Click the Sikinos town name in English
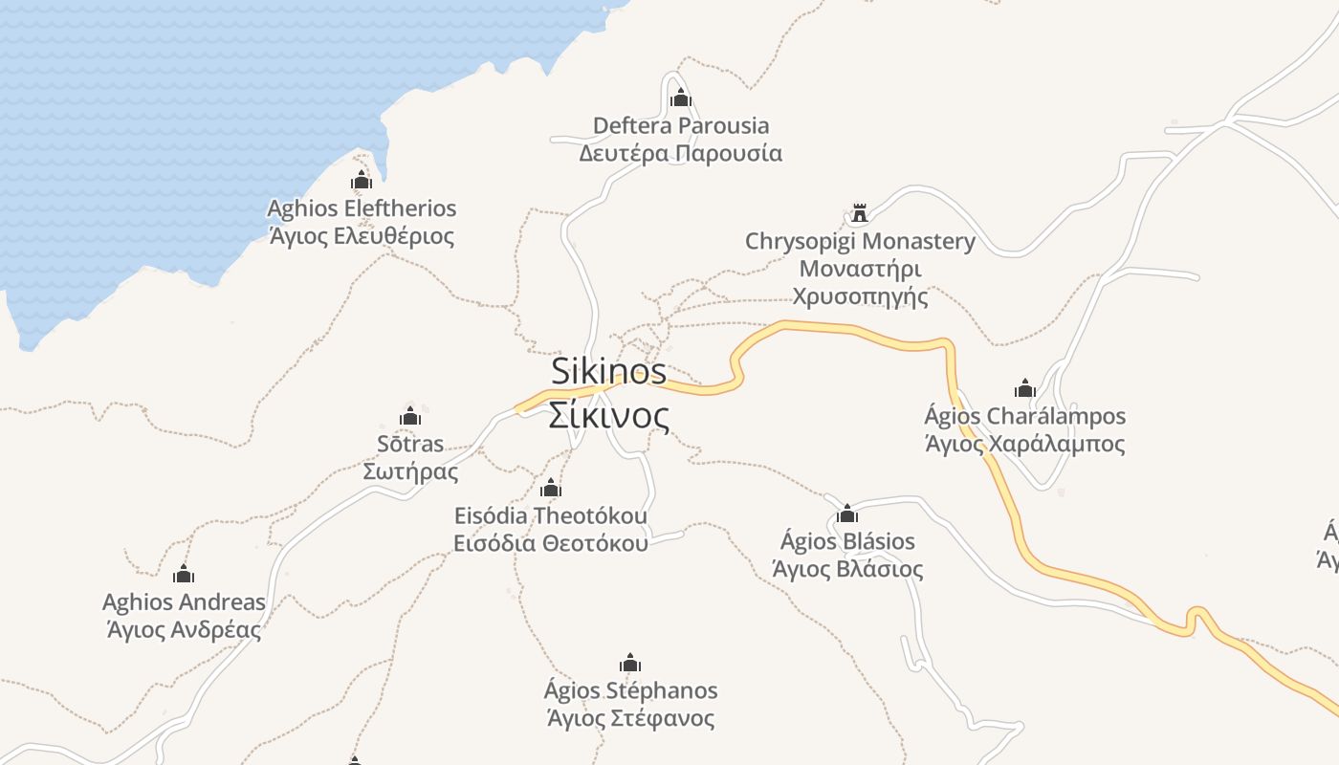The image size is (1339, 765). (x=608, y=371)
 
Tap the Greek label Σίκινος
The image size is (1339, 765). (x=608, y=416)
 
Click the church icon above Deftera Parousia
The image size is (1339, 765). (x=680, y=98)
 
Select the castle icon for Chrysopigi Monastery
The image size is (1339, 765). (x=859, y=212)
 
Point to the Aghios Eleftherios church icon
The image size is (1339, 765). (x=361, y=180)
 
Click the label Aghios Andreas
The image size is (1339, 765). (x=184, y=602)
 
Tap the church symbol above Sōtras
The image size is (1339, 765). (x=410, y=416)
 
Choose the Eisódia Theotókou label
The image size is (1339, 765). (x=550, y=515)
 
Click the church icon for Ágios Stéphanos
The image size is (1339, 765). (x=629, y=663)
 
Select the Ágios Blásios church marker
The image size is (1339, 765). (x=846, y=514)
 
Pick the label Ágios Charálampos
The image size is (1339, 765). (x=1024, y=417)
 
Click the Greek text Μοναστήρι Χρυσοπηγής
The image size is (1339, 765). (x=860, y=282)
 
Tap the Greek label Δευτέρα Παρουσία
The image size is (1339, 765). (x=680, y=153)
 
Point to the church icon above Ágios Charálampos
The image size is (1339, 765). (x=1024, y=388)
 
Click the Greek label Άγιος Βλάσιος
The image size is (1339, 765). (x=846, y=570)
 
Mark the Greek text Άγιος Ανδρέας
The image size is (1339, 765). (x=184, y=630)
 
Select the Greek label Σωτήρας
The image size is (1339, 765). (x=410, y=471)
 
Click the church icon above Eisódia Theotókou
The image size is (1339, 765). (x=550, y=488)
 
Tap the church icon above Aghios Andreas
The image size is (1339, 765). (x=183, y=574)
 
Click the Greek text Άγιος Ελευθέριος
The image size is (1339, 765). (x=361, y=236)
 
